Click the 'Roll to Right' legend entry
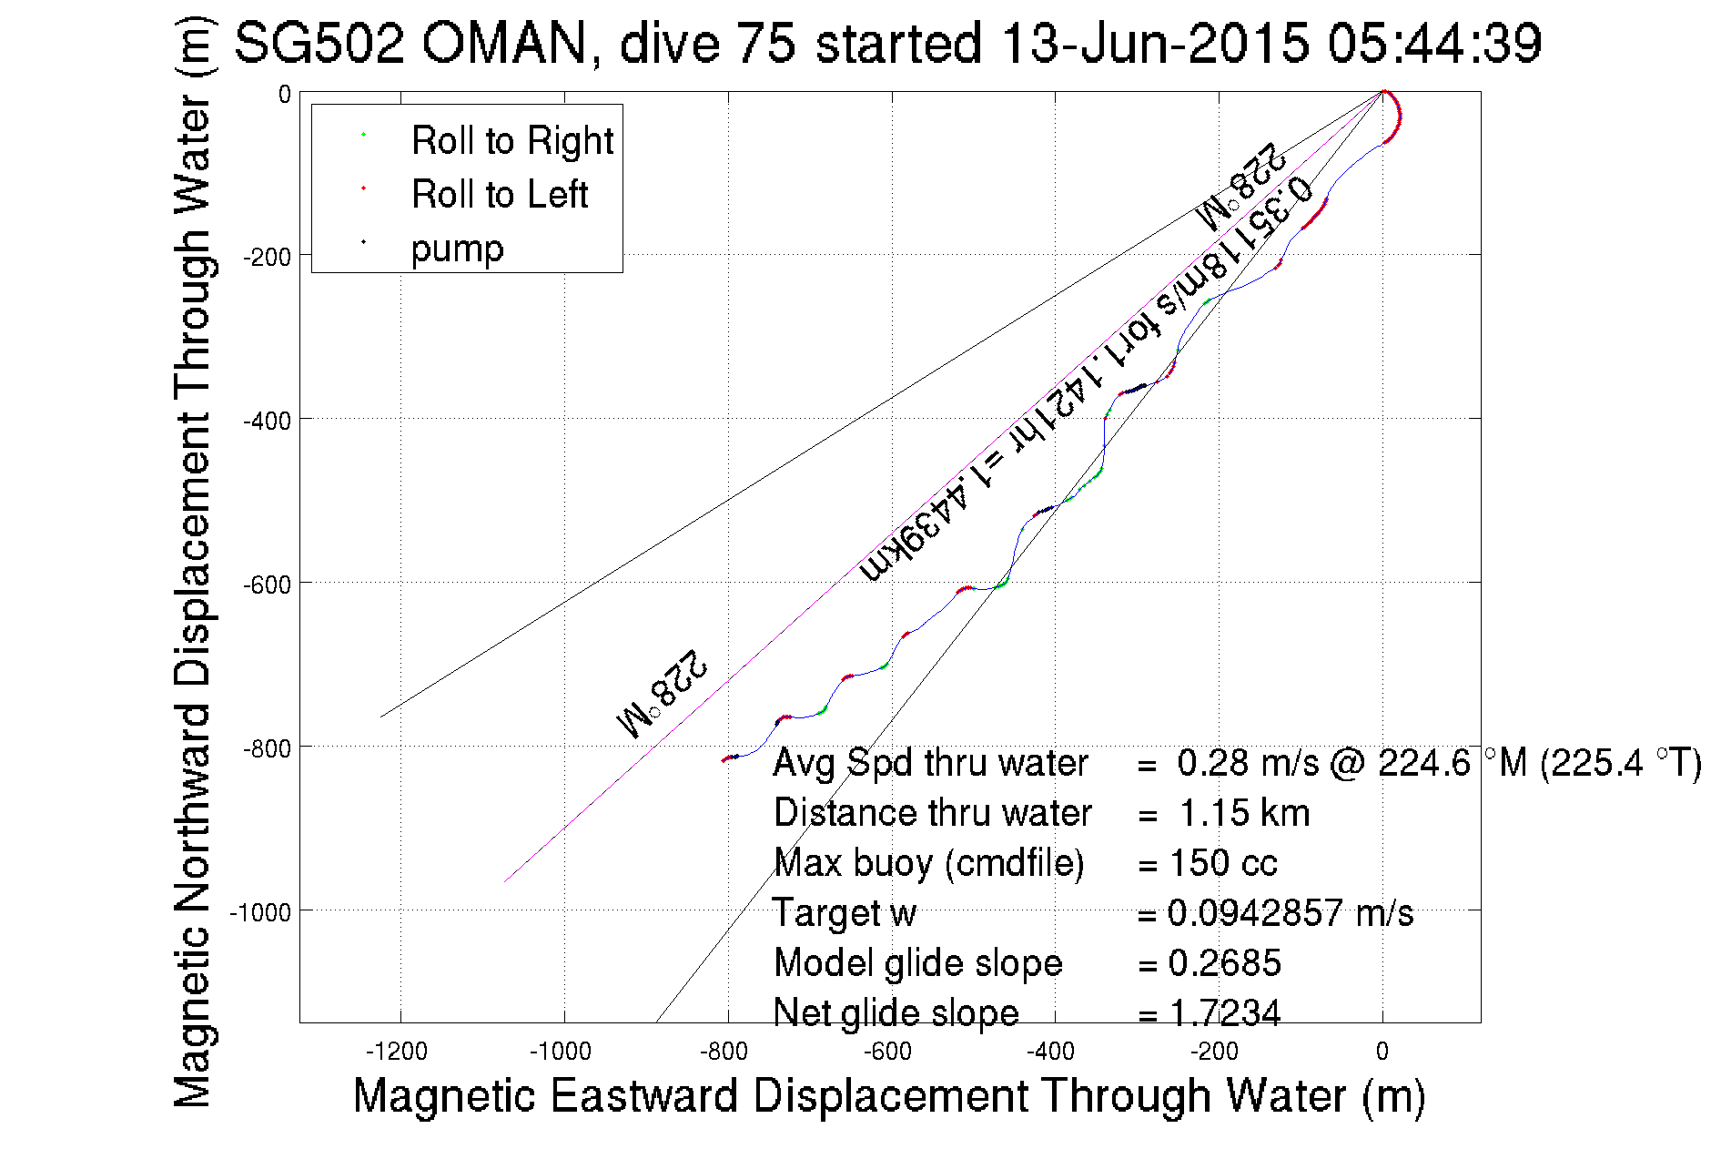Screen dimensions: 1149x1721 click(x=511, y=141)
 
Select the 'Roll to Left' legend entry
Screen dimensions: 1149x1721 click(x=499, y=195)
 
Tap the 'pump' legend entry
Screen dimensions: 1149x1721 click(x=457, y=249)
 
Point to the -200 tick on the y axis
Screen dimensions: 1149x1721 click(x=267, y=257)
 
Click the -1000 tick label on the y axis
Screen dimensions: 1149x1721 click(x=260, y=912)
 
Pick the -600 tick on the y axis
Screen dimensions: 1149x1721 click(x=267, y=585)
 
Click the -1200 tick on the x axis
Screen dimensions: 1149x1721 click(x=397, y=1052)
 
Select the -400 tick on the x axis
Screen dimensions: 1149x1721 click(x=1051, y=1052)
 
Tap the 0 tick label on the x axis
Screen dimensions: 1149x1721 click(x=1382, y=1052)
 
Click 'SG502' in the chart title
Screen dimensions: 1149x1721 click(x=319, y=43)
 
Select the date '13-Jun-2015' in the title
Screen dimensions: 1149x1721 click(x=1155, y=43)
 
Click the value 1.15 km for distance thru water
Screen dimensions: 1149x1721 click(x=1244, y=813)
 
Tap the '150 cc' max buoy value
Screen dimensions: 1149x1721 click(x=1223, y=863)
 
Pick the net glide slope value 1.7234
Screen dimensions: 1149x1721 click(x=1224, y=1012)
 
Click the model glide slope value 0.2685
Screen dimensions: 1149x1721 click(x=1224, y=963)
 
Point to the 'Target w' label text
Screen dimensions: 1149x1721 click(x=844, y=913)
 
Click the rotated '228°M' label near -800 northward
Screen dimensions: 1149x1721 click(x=662, y=695)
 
